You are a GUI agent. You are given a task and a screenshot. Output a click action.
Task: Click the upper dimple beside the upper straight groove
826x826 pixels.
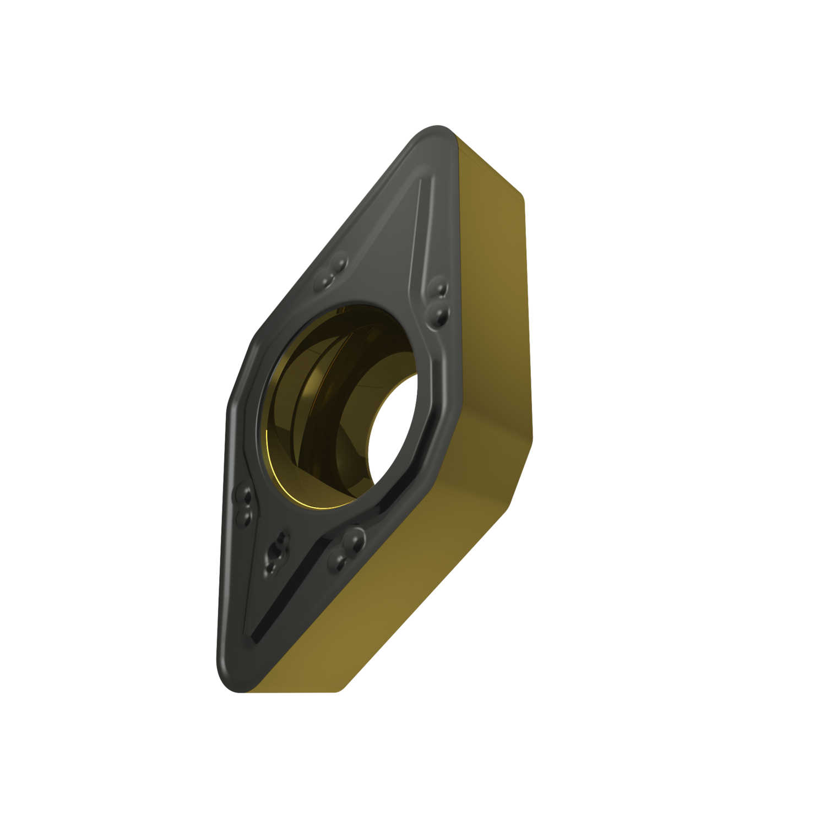pos(441,288)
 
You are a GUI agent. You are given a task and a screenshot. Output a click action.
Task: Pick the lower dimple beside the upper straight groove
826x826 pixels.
pos(441,314)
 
